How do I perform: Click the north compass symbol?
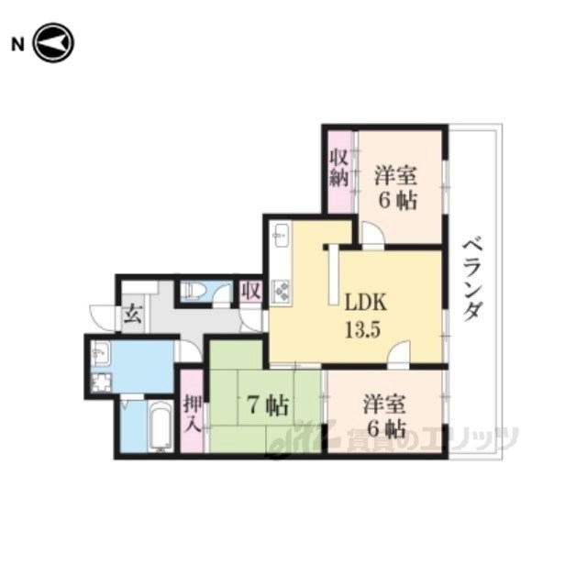click(54, 43)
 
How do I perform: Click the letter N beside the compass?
click(18, 45)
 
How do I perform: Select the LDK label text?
click(365, 303)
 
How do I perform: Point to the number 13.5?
click(363, 330)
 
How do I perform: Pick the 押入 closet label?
click(194, 414)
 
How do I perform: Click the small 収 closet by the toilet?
click(250, 291)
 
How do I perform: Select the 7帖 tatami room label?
click(268, 405)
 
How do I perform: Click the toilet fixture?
click(192, 290)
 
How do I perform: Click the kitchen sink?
click(282, 235)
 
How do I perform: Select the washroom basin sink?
click(100, 353)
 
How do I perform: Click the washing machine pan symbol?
click(102, 383)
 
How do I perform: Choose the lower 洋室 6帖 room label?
click(385, 416)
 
